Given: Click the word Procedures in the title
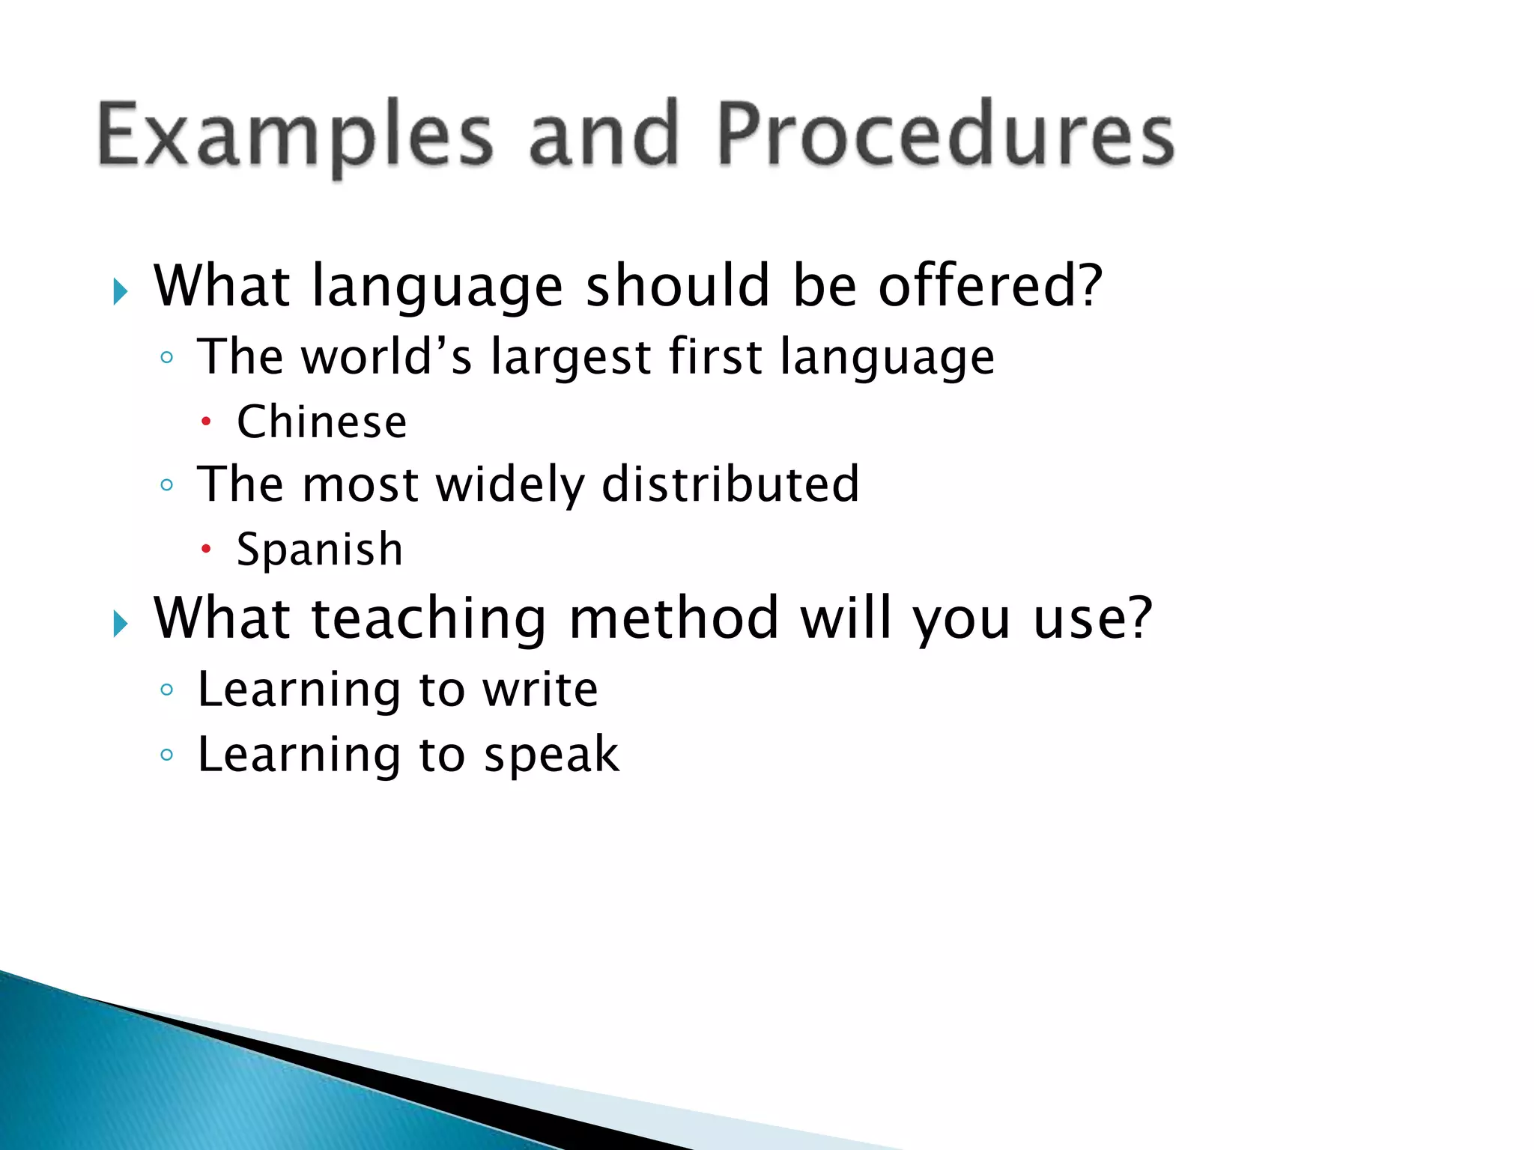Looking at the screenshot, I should click(945, 135).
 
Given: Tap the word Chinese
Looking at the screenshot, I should click(322, 422).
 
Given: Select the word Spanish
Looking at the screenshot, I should click(320, 550).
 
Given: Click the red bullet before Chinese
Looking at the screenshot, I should click(206, 422).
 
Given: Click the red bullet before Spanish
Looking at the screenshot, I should click(206, 550).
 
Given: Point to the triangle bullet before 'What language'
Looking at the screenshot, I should click(121, 291).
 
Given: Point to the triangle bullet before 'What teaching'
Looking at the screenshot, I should click(121, 623).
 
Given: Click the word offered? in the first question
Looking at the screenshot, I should click(990, 286).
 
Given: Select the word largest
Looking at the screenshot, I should click(571, 358).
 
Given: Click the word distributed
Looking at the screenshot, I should click(730, 484).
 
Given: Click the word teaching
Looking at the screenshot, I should click(428, 620).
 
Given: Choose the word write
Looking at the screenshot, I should click(540, 690).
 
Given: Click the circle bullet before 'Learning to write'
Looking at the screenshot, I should click(167, 690).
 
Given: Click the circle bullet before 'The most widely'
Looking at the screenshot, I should click(167, 485).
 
